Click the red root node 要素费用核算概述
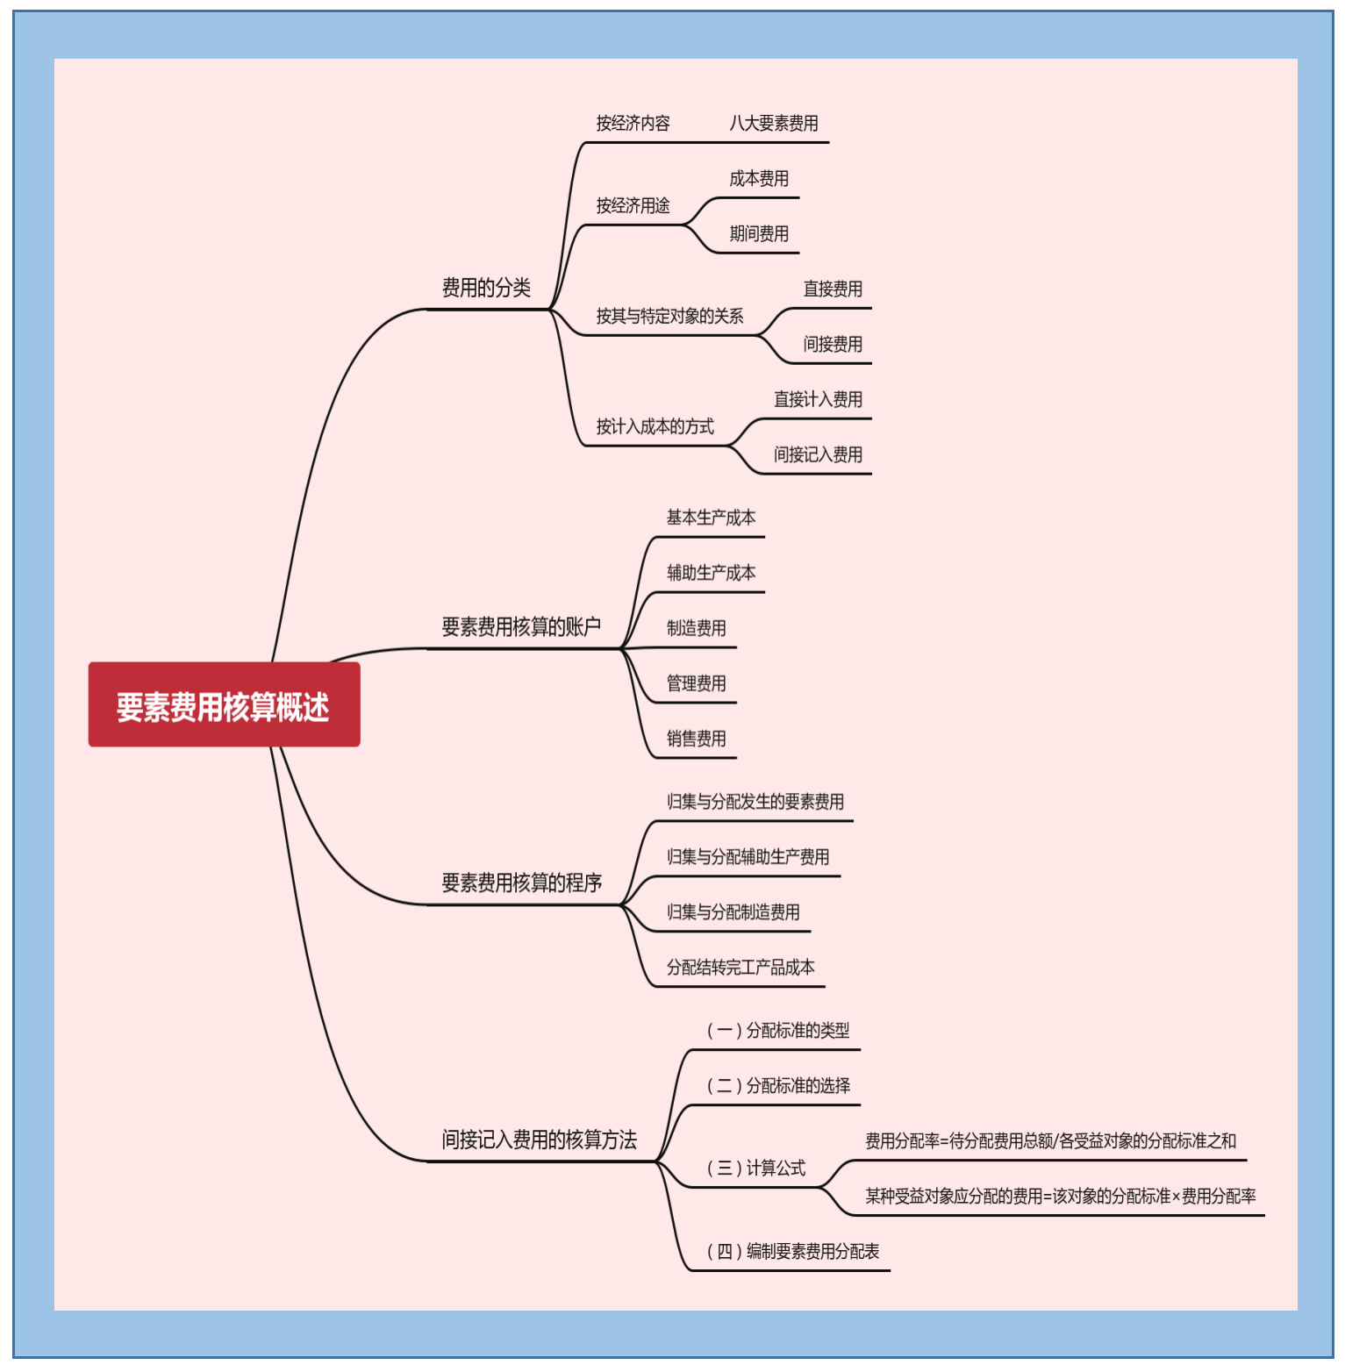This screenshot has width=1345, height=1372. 224,705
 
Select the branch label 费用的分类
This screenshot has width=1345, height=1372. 486,288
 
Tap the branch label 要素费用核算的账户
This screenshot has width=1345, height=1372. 521,626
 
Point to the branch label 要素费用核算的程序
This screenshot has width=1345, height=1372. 522,883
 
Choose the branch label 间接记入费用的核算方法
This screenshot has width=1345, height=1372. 539,1140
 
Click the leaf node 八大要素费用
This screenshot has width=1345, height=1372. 774,124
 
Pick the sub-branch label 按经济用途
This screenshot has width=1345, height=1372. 633,206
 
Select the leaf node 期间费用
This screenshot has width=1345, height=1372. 759,234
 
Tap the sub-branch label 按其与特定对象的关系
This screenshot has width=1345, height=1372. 669,317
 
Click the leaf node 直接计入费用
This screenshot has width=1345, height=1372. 818,400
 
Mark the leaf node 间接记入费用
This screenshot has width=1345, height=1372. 818,455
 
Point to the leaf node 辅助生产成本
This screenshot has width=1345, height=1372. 711,574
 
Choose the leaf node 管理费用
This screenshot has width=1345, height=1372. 696,683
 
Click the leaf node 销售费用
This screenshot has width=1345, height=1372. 696,739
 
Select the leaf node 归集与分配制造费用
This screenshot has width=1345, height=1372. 733,912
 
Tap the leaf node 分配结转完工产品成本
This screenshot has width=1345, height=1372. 740,968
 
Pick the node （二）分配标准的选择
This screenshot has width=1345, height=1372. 778,1086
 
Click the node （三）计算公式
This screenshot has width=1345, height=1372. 755,1168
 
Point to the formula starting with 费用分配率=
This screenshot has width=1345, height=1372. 1050,1141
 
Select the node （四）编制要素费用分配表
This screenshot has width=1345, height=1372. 792,1252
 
